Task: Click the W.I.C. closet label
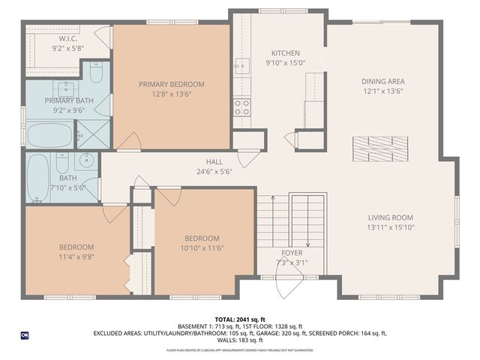point(68,37)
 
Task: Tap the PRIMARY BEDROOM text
point(171,85)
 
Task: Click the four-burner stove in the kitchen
point(241,107)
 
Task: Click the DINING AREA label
point(383,80)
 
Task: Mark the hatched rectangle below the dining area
point(382,148)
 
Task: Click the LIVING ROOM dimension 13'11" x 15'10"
point(391,226)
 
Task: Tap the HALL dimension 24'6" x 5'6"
point(214,171)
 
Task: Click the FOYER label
point(292,253)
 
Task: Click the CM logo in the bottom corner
point(25,334)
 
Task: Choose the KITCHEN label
point(285,53)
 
